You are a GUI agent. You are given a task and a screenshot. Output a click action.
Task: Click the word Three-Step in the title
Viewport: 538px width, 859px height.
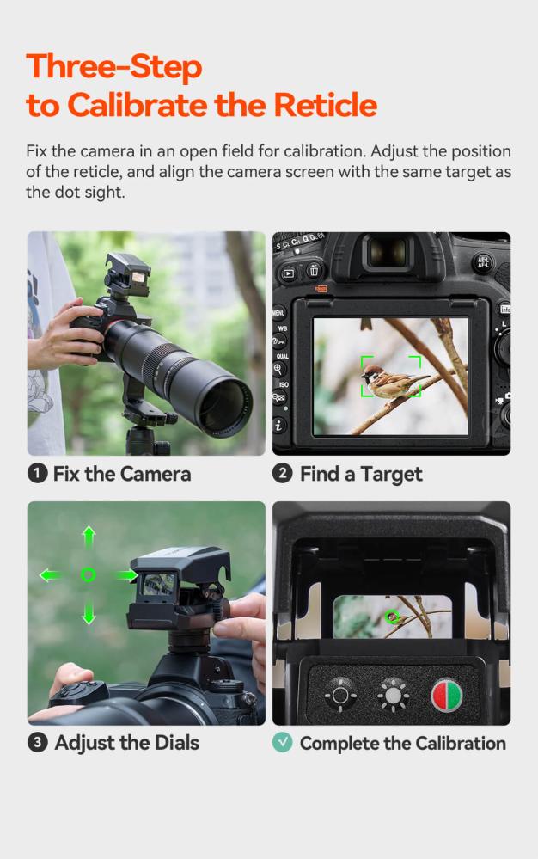point(113,66)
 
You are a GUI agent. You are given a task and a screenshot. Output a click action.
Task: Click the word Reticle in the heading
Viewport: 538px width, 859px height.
point(325,105)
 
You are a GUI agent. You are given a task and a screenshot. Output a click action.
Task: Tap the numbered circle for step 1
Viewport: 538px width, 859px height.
point(38,474)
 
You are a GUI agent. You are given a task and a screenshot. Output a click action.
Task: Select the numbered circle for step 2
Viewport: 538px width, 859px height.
point(283,474)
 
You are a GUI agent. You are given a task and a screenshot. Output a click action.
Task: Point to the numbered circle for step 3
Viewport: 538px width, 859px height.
point(38,743)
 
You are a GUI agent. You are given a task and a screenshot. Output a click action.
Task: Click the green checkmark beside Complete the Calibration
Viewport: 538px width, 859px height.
point(283,743)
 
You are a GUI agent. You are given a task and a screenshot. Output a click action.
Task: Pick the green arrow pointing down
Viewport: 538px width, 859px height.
point(89,611)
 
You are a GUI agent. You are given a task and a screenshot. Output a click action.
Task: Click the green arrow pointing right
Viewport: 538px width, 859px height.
point(125,575)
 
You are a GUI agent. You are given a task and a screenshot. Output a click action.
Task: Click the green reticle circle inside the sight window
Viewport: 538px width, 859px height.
point(392,616)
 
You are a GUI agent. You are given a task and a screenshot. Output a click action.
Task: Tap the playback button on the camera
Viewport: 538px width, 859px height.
point(289,273)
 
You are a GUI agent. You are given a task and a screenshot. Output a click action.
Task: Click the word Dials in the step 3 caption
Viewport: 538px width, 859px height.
point(170,743)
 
